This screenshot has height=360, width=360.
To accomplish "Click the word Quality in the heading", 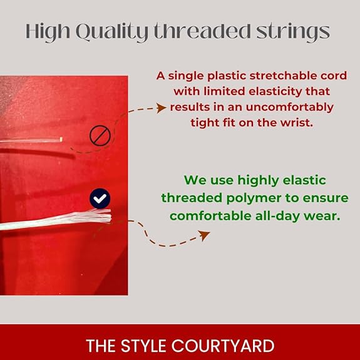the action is (x=113, y=32).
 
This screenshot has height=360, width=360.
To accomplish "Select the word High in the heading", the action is (x=48, y=32).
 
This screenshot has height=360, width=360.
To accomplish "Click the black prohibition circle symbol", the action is (x=100, y=135).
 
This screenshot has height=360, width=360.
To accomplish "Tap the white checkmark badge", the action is (x=100, y=198).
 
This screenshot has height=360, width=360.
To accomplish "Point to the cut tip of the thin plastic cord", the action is (x=61, y=139).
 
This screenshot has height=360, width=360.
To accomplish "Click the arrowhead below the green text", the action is (x=204, y=235).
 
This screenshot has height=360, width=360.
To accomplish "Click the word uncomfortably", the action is (x=289, y=107).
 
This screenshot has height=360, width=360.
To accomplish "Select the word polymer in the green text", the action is (x=254, y=198).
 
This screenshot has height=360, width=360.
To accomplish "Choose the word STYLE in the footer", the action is (x=143, y=346).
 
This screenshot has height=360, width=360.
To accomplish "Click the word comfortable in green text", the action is (x=210, y=216).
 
